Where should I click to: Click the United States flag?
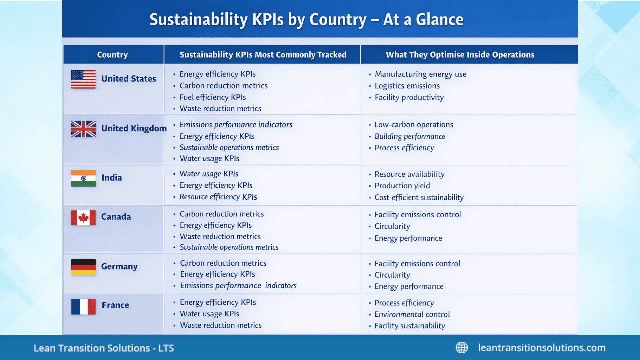click(x=83, y=79)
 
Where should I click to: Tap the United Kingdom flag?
click(x=83, y=129)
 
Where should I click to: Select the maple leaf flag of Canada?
click(x=83, y=218)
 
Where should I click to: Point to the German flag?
click(x=83, y=267)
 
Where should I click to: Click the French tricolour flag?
click(x=83, y=306)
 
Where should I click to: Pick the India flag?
click(x=83, y=178)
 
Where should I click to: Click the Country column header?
click(x=112, y=55)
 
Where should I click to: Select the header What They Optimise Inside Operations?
click(x=460, y=55)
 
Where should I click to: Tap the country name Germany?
click(x=119, y=266)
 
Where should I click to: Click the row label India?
click(x=112, y=178)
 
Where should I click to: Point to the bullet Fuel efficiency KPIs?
click(x=213, y=97)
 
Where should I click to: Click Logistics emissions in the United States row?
click(x=407, y=86)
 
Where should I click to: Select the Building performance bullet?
click(x=410, y=136)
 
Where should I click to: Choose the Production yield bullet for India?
click(x=402, y=186)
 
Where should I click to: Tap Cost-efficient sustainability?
click(x=419, y=197)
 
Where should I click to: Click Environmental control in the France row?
click(x=412, y=314)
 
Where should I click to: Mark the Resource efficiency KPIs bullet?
click(x=218, y=197)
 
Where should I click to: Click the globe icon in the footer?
click(x=462, y=348)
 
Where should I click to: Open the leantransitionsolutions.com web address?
click(x=542, y=348)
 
